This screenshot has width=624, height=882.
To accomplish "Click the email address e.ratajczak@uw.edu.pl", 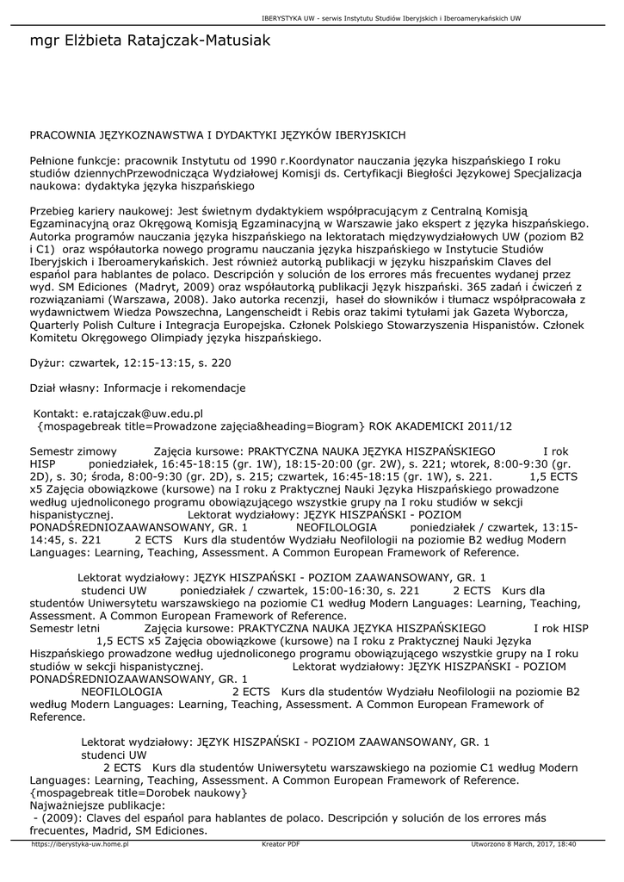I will pos(142,413).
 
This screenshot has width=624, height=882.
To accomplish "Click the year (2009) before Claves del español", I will pos(56,818).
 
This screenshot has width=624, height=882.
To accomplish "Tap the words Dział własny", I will pos(65,388).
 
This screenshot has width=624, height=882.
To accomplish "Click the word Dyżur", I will pos(47,363).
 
